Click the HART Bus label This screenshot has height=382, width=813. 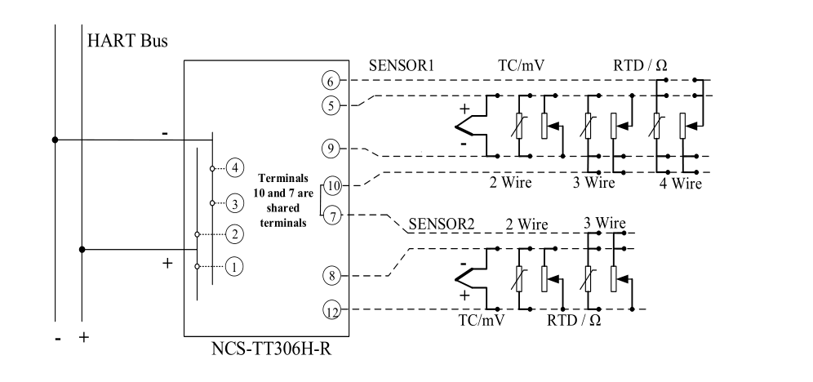pos(127,42)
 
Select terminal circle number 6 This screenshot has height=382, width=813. pos(329,80)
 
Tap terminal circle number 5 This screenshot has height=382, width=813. pos(329,104)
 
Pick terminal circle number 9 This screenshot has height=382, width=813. pos(329,149)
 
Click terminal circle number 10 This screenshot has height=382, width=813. pos(332,185)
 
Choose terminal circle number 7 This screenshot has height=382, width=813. pos(331,215)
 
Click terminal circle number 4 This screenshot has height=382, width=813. pos(235,168)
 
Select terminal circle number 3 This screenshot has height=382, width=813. pos(235,202)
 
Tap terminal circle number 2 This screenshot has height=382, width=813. pos(235,234)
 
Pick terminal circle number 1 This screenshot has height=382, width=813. pos(235,266)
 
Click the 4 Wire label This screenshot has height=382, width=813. pos(680,183)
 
